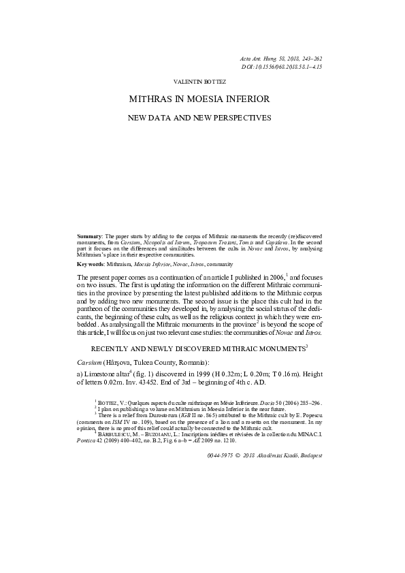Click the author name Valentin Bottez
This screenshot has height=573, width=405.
point(199,81)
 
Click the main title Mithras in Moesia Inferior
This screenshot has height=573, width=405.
point(199,99)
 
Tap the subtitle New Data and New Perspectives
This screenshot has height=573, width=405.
point(199,117)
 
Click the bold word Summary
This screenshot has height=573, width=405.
point(91,235)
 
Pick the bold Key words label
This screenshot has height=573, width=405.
point(91,263)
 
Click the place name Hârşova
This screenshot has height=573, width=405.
point(121,363)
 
